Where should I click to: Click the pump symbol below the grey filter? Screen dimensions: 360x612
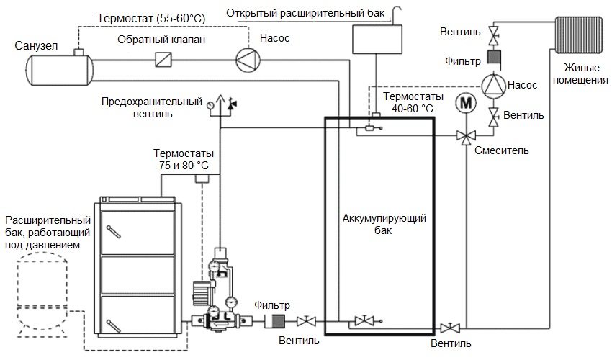pos(495,84)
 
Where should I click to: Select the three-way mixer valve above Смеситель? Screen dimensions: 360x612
pos(466,135)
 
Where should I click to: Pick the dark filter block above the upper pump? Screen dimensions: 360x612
pos(495,57)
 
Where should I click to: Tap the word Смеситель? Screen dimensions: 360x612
pos(502,150)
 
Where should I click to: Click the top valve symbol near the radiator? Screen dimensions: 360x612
pos(495,32)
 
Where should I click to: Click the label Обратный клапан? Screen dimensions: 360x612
pos(162,40)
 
